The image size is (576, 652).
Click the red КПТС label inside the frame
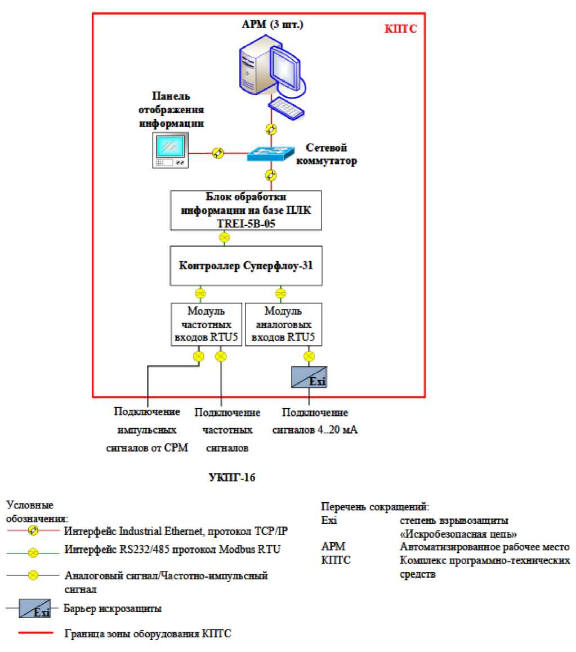click(x=401, y=29)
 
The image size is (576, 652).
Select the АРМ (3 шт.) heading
click(x=273, y=24)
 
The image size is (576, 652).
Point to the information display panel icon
click(x=171, y=151)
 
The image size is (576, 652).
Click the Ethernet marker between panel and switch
click(x=218, y=153)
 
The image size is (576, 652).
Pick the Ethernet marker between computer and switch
click(x=271, y=129)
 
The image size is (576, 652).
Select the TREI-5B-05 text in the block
click(x=245, y=222)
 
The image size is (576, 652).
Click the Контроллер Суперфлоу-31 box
click(x=246, y=265)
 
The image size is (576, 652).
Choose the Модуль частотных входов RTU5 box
click(x=206, y=325)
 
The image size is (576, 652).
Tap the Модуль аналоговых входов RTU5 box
click(x=284, y=325)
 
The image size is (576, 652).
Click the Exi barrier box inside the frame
click(x=309, y=377)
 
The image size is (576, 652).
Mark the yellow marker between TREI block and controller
click(x=224, y=238)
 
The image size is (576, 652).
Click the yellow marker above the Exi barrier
click(x=309, y=356)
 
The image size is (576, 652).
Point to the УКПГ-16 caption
click(x=227, y=478)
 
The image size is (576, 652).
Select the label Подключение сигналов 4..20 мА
click(x=315, y=421)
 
